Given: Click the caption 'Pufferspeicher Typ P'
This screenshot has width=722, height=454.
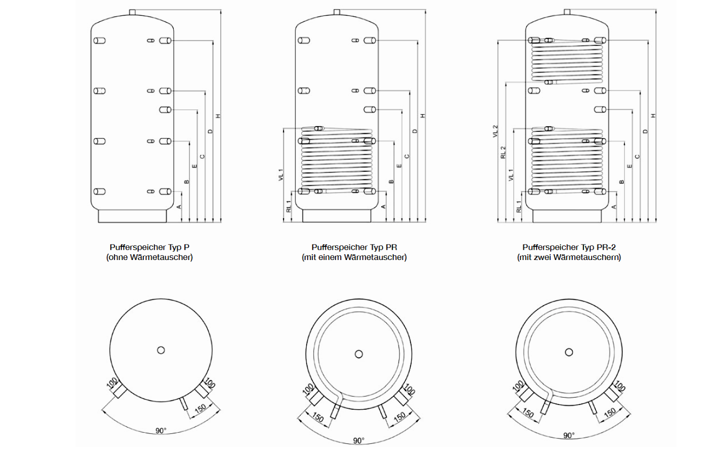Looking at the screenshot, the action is (150, 247).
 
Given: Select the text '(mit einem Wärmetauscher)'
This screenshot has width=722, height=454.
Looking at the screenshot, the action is (354, 257).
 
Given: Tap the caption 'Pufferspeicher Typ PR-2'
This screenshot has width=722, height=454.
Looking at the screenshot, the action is (569, 247).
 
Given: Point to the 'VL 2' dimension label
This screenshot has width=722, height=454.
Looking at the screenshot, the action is (495, 131).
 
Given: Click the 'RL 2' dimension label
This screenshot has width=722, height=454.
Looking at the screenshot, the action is (503, 153).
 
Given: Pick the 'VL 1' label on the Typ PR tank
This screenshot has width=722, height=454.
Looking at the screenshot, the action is (281, 174).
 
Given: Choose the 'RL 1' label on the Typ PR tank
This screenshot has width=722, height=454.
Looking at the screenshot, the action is (289, 207).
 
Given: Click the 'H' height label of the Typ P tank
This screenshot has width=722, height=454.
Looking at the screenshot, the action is (218, 116).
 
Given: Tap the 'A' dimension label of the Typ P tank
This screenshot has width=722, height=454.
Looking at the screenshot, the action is (179, 207).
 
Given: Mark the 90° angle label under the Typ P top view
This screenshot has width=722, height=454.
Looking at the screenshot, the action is (161, 431).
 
